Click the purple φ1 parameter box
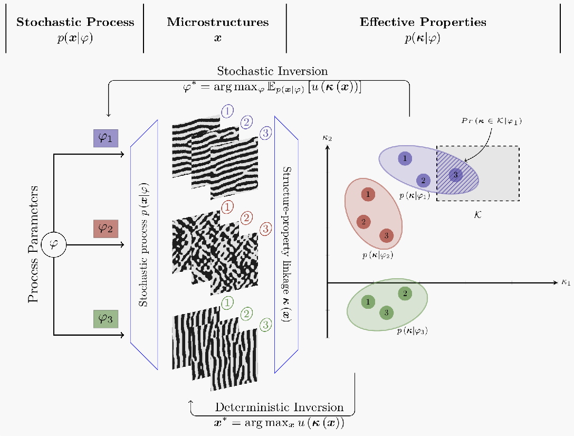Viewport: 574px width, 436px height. pyautogui.click(x=106, y=138)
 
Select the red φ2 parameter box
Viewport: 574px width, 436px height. pyautogui.click(x=106, y=229)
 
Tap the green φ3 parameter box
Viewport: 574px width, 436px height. pyautogui.click(x=106, y=319)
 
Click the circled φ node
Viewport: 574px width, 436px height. pyautogui.click(x=54, y=245)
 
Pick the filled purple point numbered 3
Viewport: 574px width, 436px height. pyautogui.click(x=455, y=174)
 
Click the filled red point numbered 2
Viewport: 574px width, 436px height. pyautogui.click(x=363, y=222)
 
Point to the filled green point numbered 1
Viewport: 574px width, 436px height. pyautogui.click(x=368, y=302)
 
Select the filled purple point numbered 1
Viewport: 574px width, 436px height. pyautogui.click(x=405, y=158)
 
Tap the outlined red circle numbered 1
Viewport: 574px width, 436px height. pyautogui.click(x=227, y=207)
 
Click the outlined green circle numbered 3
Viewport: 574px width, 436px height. pyautogui.click(x=266, y=324)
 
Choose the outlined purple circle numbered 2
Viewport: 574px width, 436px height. pyautogui.click(x=246, y=122)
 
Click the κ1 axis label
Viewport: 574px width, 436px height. pyautogui.click(x=566, y=282)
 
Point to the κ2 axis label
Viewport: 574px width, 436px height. pyautogui.click(x=327, y=138)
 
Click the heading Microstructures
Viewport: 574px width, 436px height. pyautogui.click(x=218, y=22)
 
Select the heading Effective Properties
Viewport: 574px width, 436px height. pyautogui.click(x=423, y=22)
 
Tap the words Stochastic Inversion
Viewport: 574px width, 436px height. pyautogui.click(x=272, y=71)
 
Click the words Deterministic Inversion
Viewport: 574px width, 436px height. pyautogui.click(x=279, y=407)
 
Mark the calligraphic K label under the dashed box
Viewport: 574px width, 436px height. pyautogui.click(x=477, y=214)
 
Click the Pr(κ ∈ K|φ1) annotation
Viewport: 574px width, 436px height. pyautogui.click(x=492, y=121)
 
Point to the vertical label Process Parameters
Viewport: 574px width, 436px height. pyautogui.click(x=33, y=244)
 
